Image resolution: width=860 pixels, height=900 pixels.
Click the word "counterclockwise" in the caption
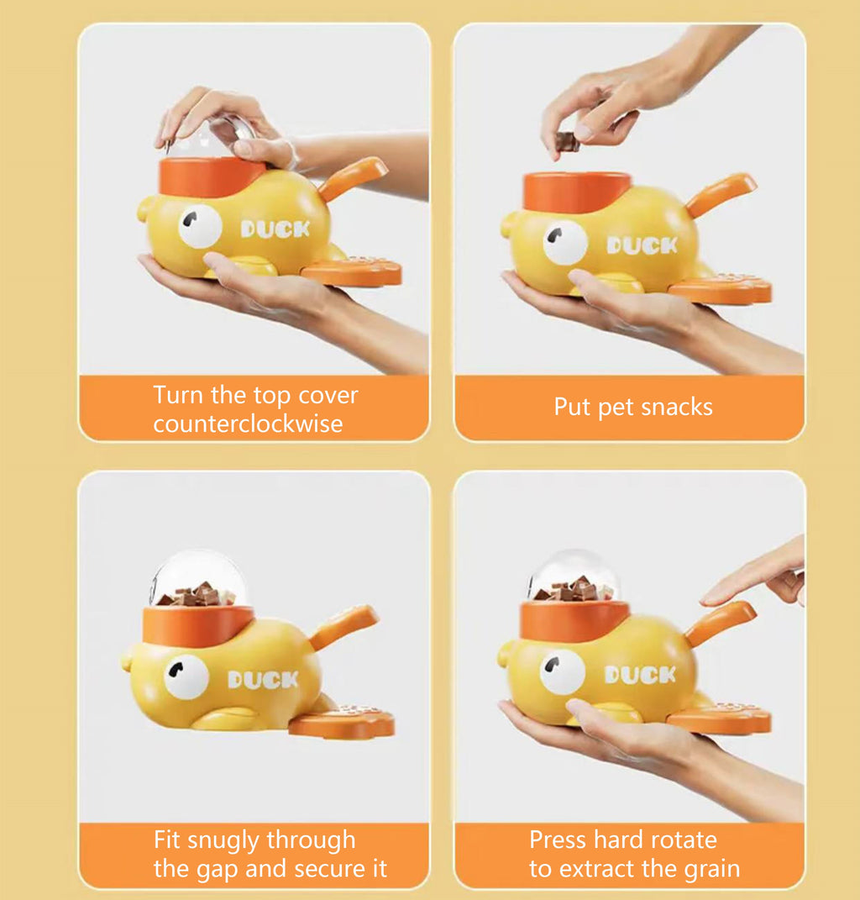(x=248, y=424)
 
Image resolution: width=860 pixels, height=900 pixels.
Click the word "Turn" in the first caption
(x=177, y=395)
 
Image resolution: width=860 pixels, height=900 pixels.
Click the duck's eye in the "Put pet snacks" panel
(x=565, y=243)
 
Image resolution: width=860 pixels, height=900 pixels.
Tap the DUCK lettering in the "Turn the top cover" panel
(x=275, y=229)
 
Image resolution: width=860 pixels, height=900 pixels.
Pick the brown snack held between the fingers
(x=569, y=142)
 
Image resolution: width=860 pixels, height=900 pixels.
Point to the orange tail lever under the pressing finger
(x=720, y=621)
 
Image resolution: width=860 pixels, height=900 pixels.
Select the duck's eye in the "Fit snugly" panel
(x=186, y=676)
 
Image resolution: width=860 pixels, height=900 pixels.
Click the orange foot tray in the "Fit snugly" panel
(x=342, y=722)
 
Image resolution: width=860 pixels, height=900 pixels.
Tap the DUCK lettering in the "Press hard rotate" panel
(x=640, y=675)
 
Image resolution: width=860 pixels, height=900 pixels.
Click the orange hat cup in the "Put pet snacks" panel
(x=576, y=192)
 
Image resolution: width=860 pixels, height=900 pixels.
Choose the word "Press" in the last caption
(x=558, y=840)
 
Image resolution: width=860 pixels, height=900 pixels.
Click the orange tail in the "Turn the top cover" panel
(x=353, y=177)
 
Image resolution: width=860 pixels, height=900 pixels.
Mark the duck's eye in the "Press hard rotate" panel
(x=562, y=671)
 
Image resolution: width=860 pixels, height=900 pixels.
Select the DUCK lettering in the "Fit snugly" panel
(x=262, y=679)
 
